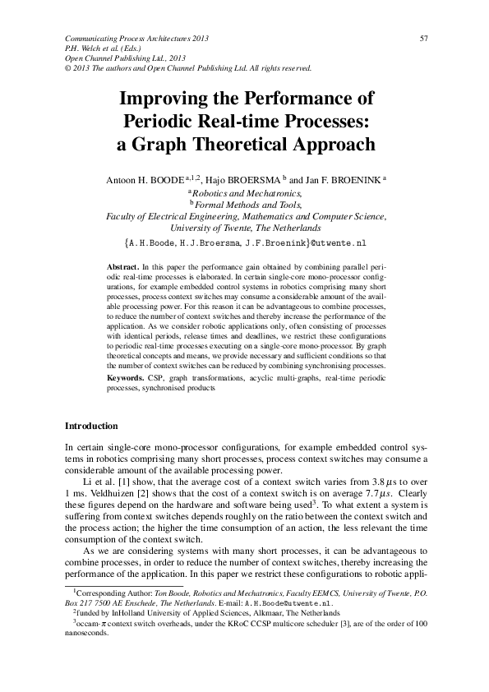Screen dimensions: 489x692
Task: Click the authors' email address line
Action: pos(245,244)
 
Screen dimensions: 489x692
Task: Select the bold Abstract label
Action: pos(124,268)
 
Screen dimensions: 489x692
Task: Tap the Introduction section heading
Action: pos(91,427)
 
